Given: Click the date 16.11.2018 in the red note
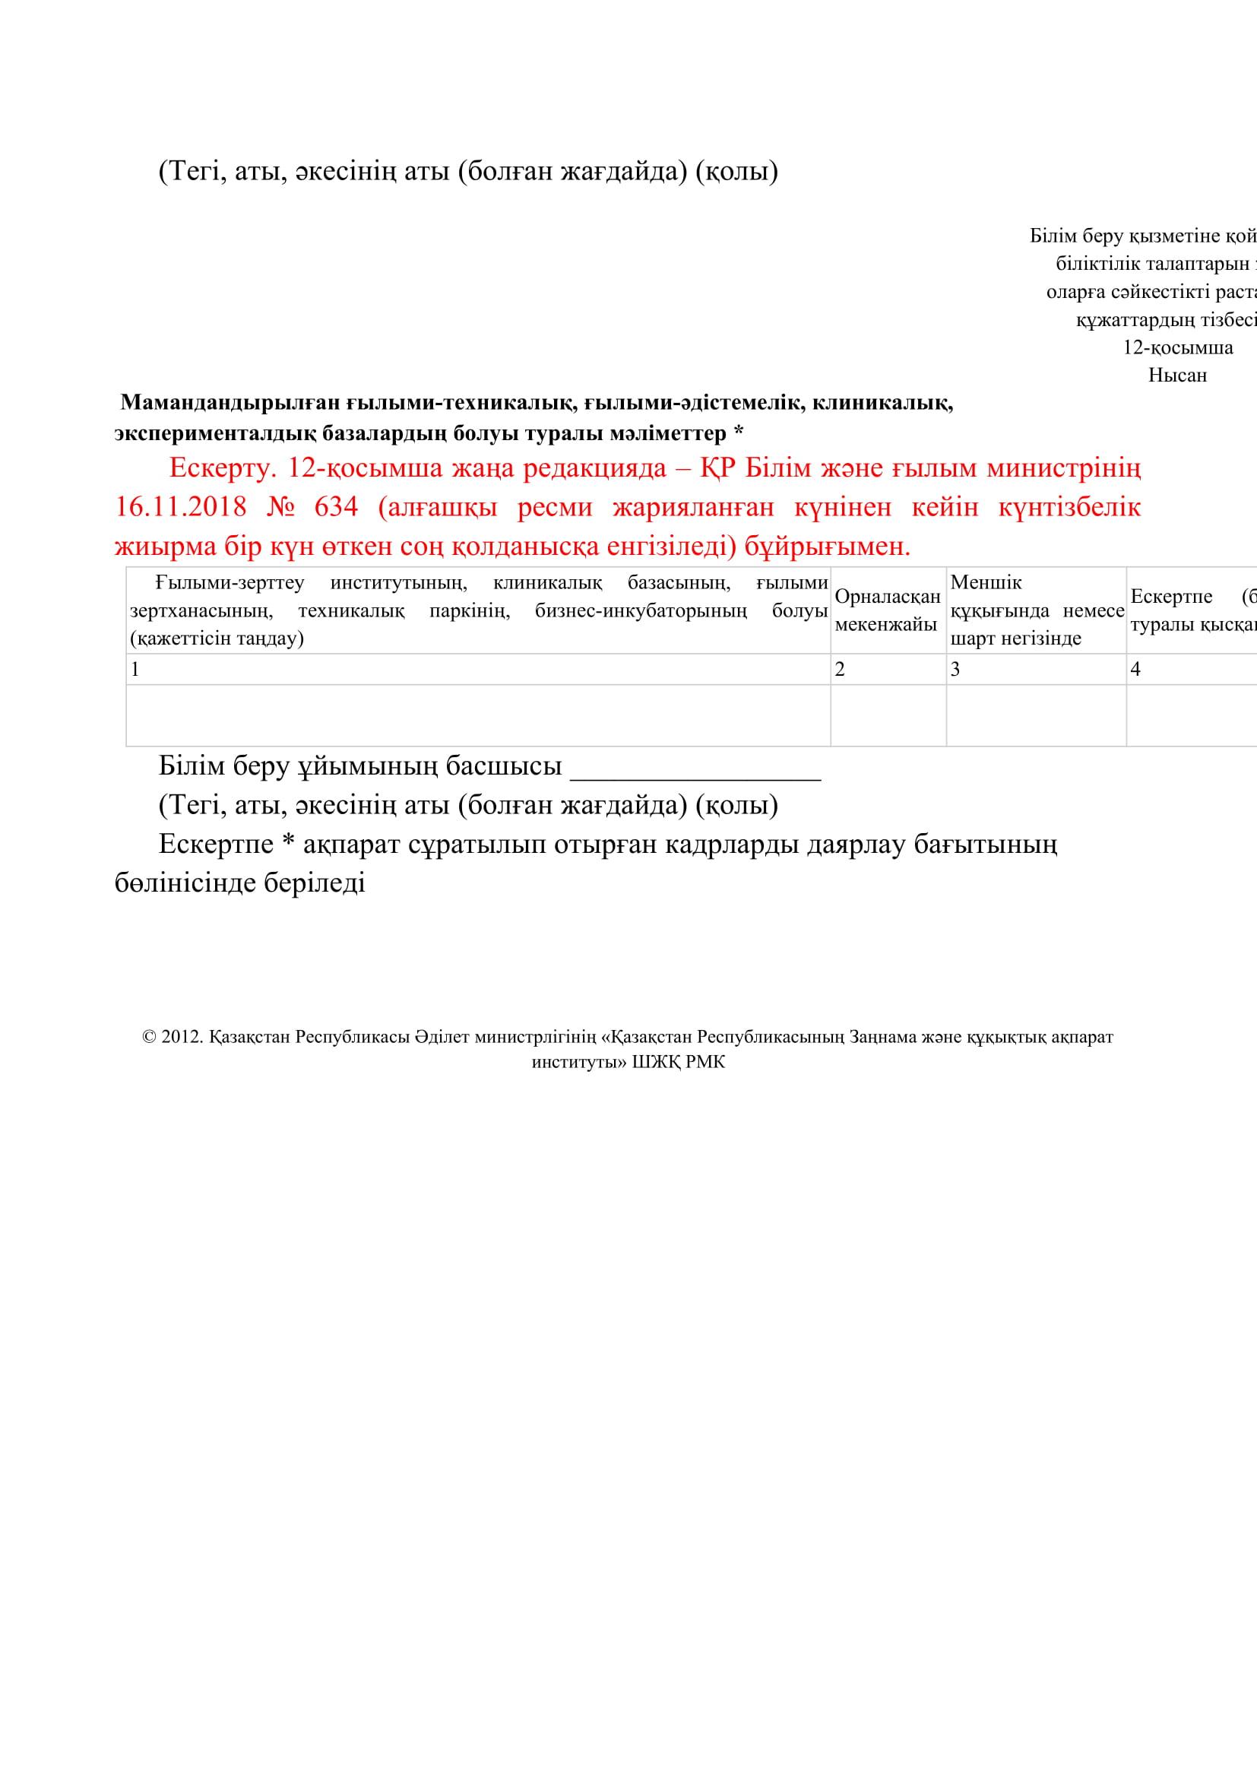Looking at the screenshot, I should point(180,507).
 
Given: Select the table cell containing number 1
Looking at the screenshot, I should point(477,669).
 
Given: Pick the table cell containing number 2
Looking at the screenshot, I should point(888,669).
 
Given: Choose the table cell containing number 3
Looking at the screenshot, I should point(1036,669).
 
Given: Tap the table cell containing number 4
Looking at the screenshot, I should point(1190,669).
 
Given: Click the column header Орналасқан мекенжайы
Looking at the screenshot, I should point(887,610).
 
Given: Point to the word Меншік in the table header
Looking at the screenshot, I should point(986,582).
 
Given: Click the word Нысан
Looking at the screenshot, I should point(1177,376).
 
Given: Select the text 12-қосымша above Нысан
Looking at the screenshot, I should point(1177,347).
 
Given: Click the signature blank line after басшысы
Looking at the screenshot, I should point(695,768).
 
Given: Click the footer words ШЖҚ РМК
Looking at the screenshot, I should point(679,1062).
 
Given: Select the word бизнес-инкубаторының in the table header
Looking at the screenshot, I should point(640,611).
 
